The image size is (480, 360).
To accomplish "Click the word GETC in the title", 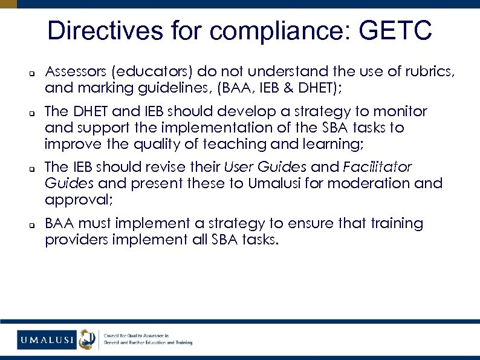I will point(395,30).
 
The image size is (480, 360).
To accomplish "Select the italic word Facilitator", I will point(378,166).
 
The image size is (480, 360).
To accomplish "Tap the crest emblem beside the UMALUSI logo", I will point(88,339).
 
